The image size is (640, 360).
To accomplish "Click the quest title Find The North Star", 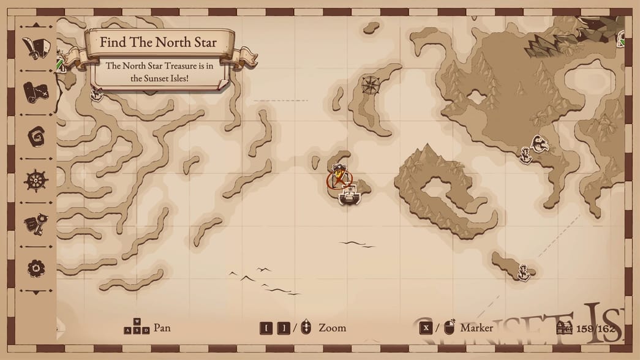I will click(x=158, y=43).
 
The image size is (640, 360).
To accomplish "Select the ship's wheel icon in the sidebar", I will click(x=36, y=181).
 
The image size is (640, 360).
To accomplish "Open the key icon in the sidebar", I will click(x=36, y=223).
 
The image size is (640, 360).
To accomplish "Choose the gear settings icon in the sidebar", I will click(x=36, y=268).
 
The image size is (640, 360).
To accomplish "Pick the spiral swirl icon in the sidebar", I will click(x=36, y=136).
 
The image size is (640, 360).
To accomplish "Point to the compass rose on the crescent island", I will click(x=370, y=84).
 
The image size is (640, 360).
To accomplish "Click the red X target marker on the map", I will click(x=339, y=179).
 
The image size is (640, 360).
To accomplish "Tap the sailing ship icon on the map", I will click(x=348, y=196).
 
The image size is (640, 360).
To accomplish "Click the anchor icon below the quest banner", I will click(x=96, y=93).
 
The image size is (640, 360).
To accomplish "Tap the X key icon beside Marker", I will click(x=426, y=328).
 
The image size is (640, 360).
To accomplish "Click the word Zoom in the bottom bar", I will click(x=332, y=328).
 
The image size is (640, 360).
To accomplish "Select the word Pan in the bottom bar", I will click(x=162, y=328).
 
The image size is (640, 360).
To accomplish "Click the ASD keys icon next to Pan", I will click(x=137, y=328).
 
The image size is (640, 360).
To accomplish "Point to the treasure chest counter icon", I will click(x=564, y=328).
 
